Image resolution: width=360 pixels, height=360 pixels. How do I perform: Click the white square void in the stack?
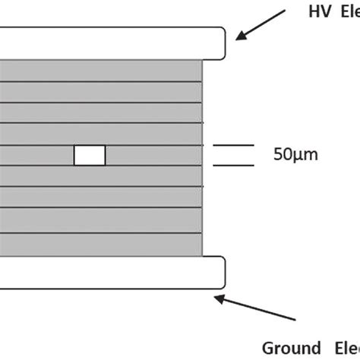click(90, 155)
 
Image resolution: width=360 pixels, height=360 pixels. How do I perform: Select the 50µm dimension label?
click(295, 155)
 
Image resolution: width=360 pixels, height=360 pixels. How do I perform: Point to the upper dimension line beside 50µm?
click(234, 145)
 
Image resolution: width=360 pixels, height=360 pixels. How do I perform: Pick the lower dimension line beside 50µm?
click(234, 165)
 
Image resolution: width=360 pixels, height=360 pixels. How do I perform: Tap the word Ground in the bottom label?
click(288, 348)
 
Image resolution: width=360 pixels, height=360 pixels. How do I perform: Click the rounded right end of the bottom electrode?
click(221, 272)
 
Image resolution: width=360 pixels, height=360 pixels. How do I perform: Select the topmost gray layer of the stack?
click(99, 70)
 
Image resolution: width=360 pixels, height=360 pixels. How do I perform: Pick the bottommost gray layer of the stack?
click(99, 245)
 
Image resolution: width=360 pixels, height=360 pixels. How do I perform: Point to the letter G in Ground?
click(270, 348)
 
